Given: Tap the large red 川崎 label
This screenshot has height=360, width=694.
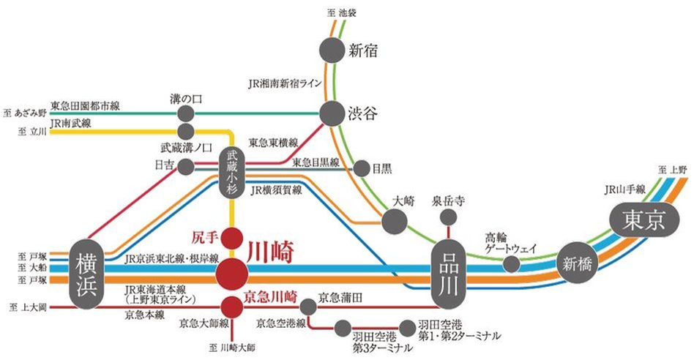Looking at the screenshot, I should [271, 252].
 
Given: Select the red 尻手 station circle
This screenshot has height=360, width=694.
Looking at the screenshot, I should [232, 238].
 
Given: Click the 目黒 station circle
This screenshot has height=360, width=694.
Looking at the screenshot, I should [362, 168].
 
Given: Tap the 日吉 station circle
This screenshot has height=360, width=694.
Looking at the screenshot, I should [185, 167].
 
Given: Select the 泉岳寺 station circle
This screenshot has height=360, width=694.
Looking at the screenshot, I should [447, 219].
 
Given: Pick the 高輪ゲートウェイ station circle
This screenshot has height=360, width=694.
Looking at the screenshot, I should [512, 263].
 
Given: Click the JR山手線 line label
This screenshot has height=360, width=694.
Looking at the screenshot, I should [624, 188].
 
